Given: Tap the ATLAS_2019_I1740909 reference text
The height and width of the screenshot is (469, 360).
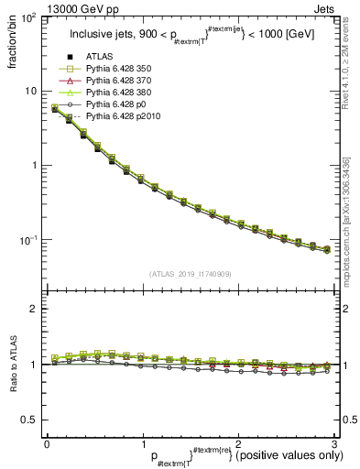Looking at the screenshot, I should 189,274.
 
